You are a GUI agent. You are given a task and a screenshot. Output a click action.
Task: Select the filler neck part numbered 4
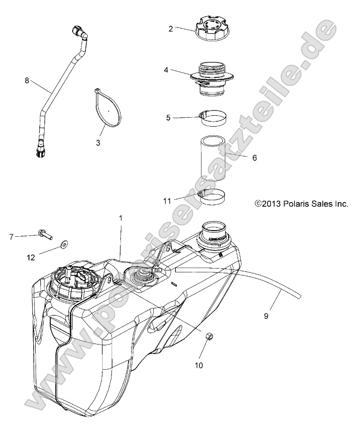tap(213, 78)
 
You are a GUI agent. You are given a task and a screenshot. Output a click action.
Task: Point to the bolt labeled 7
tap(45, 234)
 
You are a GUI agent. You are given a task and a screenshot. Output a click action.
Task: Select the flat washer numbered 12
tap(63, 245)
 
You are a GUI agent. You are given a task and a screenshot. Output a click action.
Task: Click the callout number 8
tap(27, 81)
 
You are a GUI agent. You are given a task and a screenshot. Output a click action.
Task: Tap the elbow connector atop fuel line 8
tap(79, 34)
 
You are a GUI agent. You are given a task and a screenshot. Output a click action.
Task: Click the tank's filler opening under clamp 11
tap(216, 232)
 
